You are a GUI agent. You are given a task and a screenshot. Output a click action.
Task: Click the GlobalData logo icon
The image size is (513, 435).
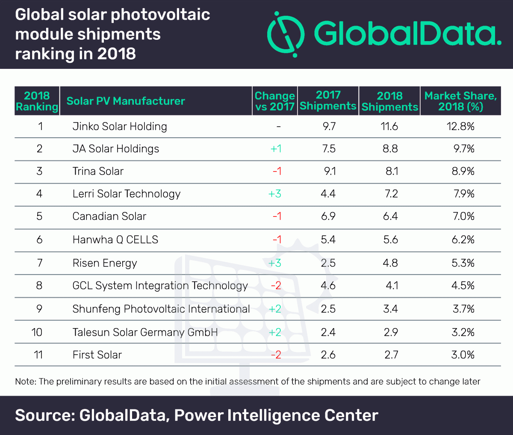(x=286, y=34)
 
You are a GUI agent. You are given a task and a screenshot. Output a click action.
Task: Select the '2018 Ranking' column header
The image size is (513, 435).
(x=37, y=101)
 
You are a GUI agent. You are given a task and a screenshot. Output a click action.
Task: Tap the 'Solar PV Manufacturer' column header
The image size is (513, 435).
(x=126, y=101)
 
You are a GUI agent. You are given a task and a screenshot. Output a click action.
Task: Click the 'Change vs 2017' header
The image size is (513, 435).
(x=274, y=101)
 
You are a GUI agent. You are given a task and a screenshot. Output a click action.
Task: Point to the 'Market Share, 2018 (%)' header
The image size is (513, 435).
(x=460, y=101)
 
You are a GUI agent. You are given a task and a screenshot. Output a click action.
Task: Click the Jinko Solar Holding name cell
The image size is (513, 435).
(x=120, y=127)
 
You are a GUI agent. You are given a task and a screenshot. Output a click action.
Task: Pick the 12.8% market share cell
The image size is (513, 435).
(x=463, y=127)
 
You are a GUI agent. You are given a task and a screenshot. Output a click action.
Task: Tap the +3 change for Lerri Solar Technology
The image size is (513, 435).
(x=275, y=194)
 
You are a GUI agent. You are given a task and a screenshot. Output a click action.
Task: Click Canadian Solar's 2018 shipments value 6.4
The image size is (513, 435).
(x=390, y=216)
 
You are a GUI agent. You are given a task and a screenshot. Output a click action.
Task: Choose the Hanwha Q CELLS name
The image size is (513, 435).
(x=115, y=240)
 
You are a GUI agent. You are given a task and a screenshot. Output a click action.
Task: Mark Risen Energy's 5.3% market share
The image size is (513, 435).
(x=463, y=263)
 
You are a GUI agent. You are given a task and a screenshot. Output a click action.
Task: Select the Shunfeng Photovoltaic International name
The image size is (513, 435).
(x=161, y=309)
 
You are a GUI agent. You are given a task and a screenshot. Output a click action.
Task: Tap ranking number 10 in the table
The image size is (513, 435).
(x=37, y=332)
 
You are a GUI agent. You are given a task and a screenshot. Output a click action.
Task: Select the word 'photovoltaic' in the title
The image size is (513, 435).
(x=160, y=15)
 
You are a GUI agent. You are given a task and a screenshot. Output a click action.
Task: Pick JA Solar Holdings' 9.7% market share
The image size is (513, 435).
(x=464, y=149)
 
